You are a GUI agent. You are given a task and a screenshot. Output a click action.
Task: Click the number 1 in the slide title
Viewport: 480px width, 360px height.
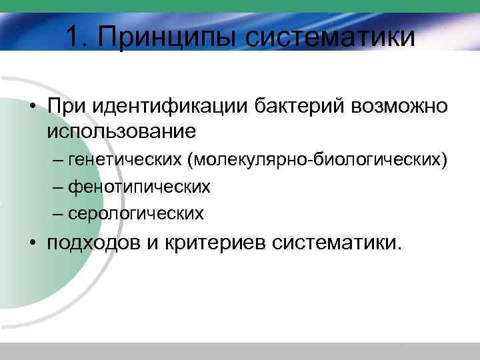point(73,37)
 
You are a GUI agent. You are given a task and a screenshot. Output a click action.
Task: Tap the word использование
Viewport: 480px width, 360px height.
point(121,130)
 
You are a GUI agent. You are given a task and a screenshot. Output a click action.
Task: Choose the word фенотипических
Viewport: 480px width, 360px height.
point(139,187)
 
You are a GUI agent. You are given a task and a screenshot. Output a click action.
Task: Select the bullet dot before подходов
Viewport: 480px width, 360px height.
point(33,243)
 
